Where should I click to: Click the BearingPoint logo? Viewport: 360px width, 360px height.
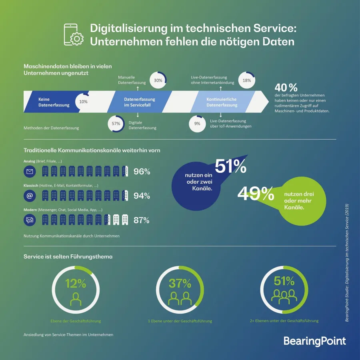314,341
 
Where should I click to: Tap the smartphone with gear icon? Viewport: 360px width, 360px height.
73,35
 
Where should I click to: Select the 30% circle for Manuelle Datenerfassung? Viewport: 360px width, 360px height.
158,80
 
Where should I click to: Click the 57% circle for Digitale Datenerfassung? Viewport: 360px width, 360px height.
116,124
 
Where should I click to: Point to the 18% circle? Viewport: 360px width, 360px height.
247,80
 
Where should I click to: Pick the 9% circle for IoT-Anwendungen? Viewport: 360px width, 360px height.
197,124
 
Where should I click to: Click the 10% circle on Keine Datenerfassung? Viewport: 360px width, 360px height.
83,102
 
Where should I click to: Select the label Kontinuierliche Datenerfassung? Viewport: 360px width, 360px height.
222,102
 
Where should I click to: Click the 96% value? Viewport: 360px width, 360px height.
142,172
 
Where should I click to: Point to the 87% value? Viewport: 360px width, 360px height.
142,220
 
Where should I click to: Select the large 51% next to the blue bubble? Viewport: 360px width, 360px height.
230,167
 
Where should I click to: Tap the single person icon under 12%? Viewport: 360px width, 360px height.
75,298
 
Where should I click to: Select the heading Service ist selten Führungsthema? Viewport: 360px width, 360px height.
68,256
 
